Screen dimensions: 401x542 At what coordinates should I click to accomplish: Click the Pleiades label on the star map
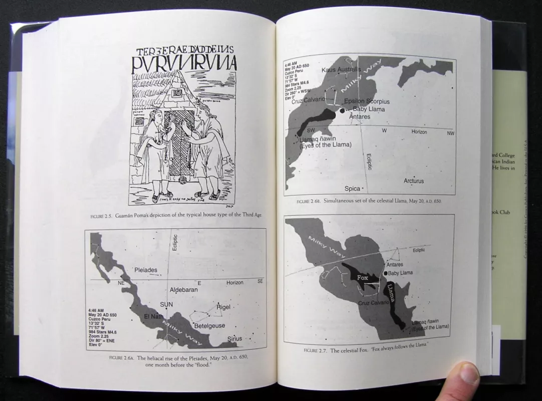coord(146,270)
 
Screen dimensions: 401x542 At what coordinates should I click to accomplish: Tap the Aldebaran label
coord(184,290)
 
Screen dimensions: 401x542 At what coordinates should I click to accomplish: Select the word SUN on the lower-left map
coord(166,304)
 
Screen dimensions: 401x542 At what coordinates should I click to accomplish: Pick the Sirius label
coord(234,339)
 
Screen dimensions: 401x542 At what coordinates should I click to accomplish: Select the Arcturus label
coord(414,181)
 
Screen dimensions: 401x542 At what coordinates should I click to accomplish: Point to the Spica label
coord(352,188)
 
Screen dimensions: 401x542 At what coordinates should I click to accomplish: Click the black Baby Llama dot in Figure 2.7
coord(386,273)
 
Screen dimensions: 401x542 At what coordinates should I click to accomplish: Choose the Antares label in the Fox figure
coord(395,264)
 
